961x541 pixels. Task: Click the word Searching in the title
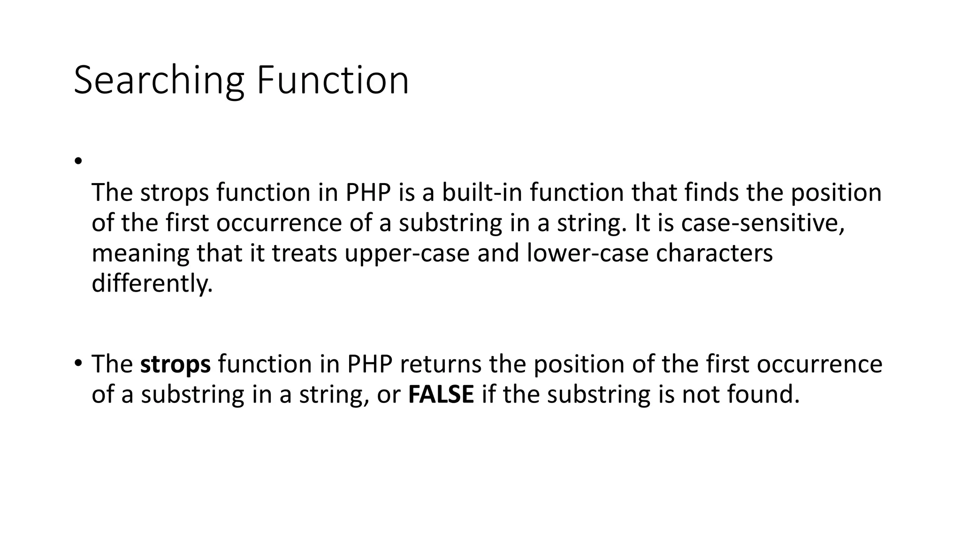[x=159, y=81]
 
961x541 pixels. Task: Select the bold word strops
[x=175, y=364]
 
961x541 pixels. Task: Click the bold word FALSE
[x=441, y=394]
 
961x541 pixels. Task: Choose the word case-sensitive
[x=763, y=223]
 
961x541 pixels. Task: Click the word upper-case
[x=407, y=254]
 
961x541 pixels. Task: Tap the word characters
[x=714, y=254]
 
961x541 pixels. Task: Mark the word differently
[x=152, y=284]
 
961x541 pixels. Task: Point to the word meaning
[x=140, y=254]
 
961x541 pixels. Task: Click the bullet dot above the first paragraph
[x=78, y=161]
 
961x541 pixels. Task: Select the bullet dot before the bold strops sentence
[x=78, y=363]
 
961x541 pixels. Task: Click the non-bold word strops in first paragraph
[x=174, y=193]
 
